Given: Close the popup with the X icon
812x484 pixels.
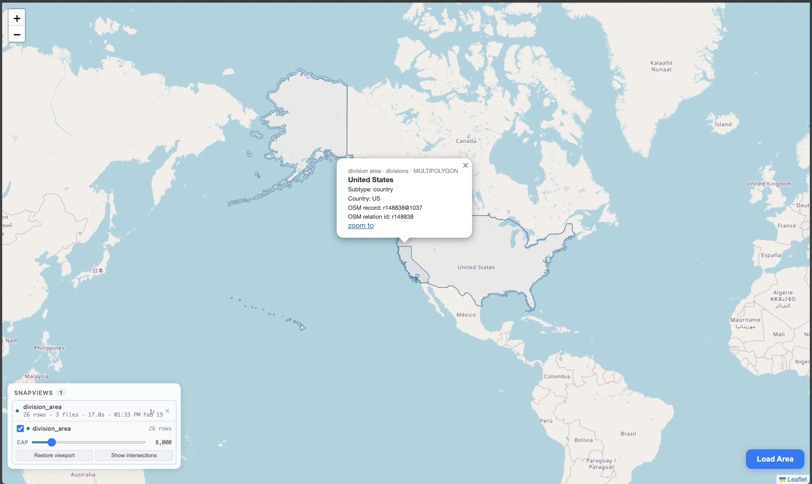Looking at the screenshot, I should click(x=465, y=165).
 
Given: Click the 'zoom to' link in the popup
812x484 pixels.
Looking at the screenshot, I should click(x=361, y=226).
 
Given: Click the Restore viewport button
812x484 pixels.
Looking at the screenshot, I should click(x=54, y=455).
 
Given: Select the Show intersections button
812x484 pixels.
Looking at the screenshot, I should click(x=134, y=455).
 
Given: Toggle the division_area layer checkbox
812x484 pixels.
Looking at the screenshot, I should click(x=20, y=429).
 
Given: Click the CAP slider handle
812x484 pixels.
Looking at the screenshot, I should click(x=51, y=442).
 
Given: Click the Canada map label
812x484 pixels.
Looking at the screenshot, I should click(x=466, y=141).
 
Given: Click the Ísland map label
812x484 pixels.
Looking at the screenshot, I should click(x=723, y=124).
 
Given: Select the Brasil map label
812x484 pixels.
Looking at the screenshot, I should click(x=628, y=434).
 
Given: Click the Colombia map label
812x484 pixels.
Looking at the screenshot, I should click(x=557, y=376).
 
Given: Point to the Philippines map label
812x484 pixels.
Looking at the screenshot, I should click(x=49, y=348).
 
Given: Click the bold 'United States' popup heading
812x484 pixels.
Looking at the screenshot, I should click(x=371, y=180).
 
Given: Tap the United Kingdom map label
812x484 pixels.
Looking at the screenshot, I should click(x=769, y=184).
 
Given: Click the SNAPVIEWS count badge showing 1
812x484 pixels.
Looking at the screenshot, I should click(x=61, y=393).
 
